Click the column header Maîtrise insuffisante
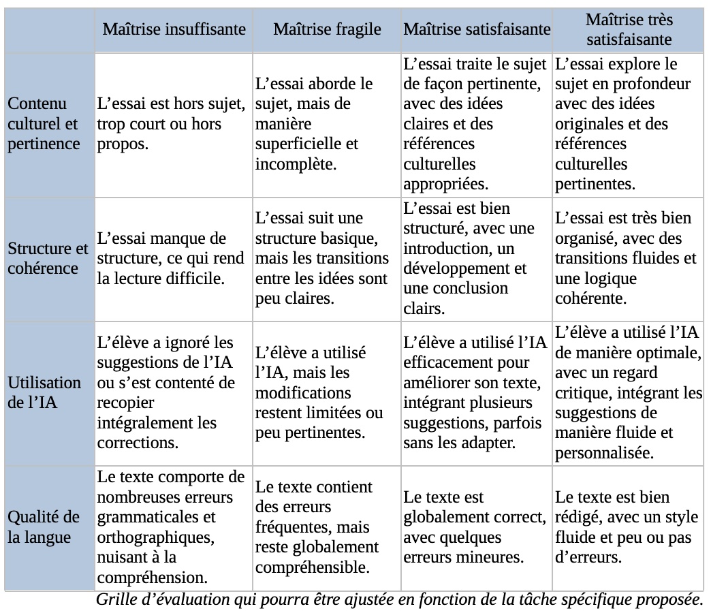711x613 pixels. [x=174, y=29]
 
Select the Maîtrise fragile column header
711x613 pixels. [x=327, y=29]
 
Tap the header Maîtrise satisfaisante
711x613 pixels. [x=477, y=29]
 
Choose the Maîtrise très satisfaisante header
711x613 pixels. [x=628, y=29]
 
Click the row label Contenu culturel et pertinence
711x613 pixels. [x=44, y=124]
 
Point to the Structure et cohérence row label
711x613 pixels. [x=48, y=258]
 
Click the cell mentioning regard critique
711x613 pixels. [x=628, y=392]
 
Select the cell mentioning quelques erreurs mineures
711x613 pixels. [x=475, y=526]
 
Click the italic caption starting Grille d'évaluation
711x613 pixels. [x=399, y=600]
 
